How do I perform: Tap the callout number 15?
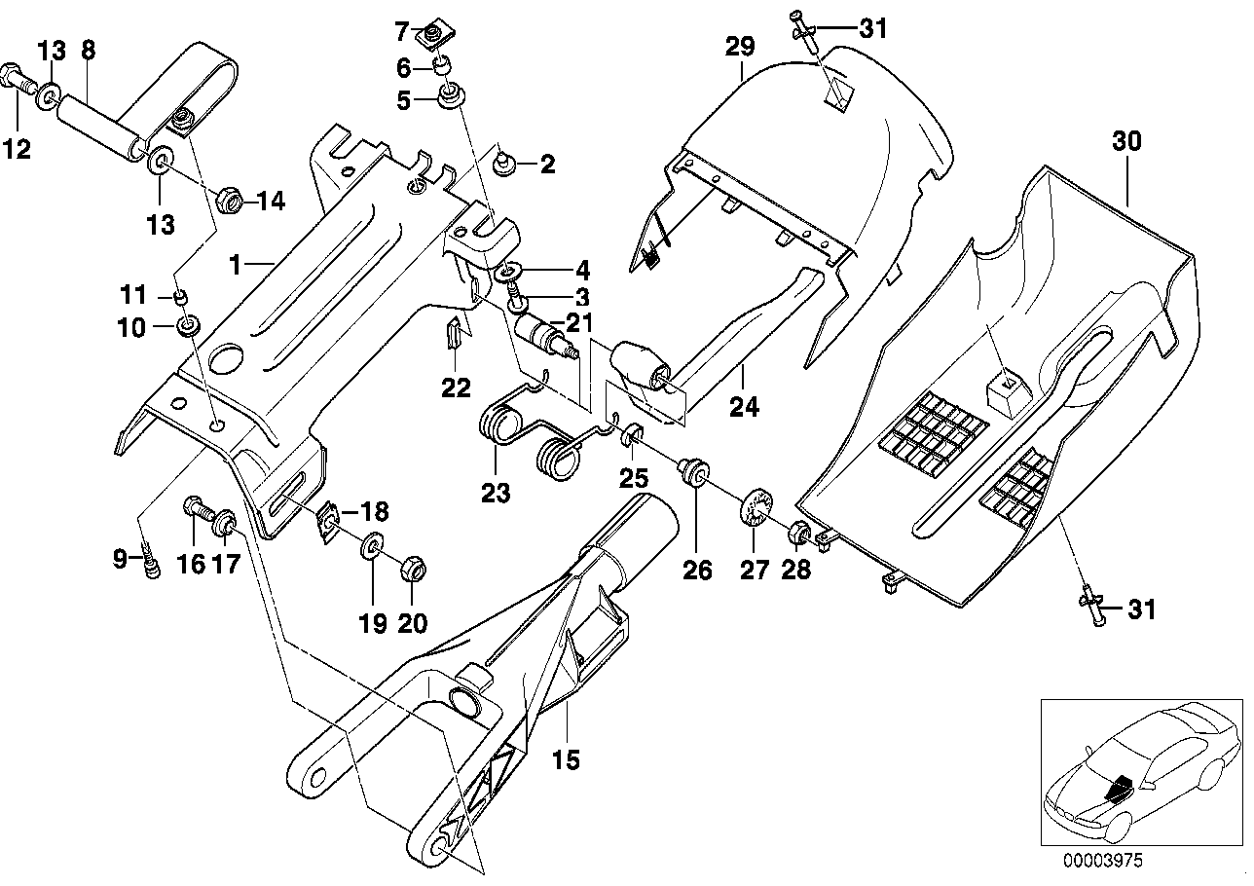pos(565,758)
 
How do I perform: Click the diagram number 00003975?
pos(1099,860)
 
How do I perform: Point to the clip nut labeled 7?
pos(428,38)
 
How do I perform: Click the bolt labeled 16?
pos(194,508)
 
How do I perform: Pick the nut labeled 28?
pos(796,533)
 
